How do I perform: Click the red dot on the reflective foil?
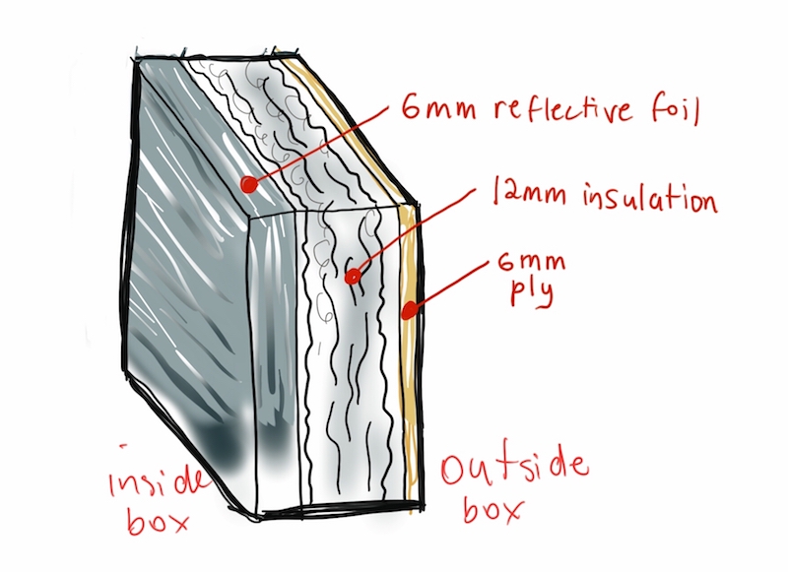click(x=249, y=183)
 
